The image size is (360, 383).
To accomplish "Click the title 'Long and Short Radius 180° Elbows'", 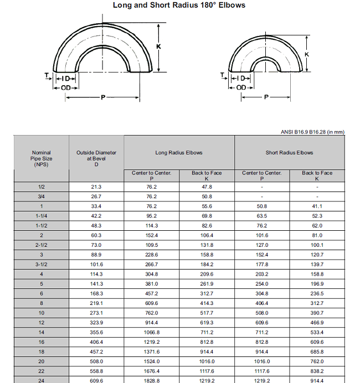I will coord(179,6).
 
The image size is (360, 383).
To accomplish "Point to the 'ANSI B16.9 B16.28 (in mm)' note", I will coord(313,132).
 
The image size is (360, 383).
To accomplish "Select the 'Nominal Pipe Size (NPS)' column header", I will coord(41,158).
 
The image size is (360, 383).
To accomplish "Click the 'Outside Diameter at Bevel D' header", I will coord(96,158).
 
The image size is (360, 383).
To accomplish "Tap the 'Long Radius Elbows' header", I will coord(179,153).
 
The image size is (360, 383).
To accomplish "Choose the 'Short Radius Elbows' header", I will coord(289,153).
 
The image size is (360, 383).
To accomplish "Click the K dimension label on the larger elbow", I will coord(158,46).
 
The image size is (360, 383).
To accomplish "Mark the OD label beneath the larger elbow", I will coord(66,88).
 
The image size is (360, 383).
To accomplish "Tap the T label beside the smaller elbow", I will coord(222,75).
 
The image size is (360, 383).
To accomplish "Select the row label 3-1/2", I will coord(41,265).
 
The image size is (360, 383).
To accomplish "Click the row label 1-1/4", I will coord(41,216).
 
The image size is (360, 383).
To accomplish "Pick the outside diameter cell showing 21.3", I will coord(96,187).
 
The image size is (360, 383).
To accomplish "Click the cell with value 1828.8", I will coord(151,381).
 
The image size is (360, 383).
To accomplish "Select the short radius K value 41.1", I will coord(317,206).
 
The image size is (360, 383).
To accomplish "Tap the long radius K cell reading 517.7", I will coord(207,313).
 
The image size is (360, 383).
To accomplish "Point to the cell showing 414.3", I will coord(207,303).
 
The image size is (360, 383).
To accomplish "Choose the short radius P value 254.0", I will coord(262,284).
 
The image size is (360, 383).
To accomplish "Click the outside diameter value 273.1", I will coord(96,313).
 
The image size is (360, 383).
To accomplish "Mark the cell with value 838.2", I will coord(317,371).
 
